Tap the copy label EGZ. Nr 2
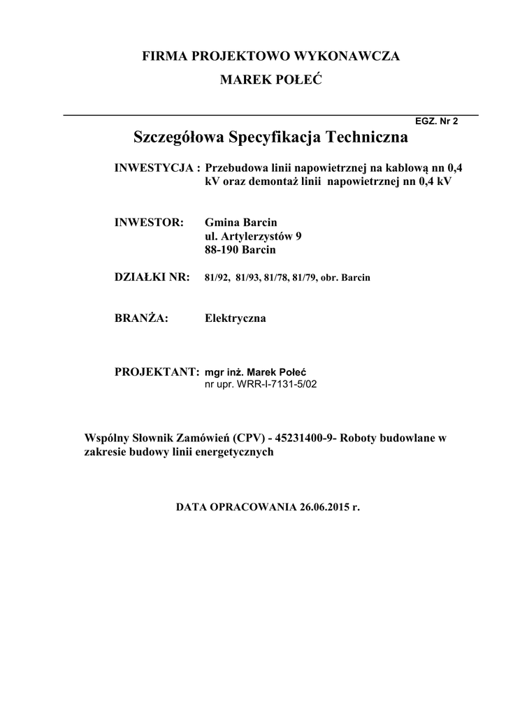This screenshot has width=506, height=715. coord(436,121)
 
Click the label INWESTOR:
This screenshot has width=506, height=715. coord(148,222)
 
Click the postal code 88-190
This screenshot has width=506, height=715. coord(220,250)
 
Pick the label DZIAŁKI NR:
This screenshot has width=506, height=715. coord(152,277)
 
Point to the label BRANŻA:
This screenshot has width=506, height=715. coord(141,318)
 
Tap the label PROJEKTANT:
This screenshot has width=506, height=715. coord(157,372)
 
